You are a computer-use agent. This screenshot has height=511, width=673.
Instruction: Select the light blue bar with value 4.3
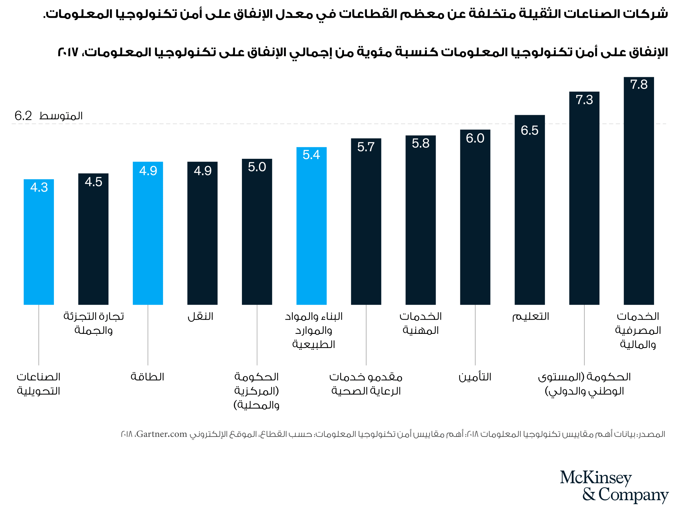(x=39, y=243)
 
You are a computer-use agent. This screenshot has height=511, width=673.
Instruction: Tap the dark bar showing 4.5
(x=93, y=240)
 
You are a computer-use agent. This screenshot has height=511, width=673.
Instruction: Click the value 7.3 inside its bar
(x=584, y=100)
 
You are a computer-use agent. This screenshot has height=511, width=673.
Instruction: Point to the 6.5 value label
(x=529, y=130)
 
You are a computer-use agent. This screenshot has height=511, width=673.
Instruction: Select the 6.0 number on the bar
(x=475, y=139)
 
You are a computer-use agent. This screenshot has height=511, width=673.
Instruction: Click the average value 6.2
(x=23, y=116)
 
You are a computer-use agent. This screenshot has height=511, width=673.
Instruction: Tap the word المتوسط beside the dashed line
(x=61, y=116)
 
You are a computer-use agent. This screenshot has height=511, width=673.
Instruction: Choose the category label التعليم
(x=531, y=317)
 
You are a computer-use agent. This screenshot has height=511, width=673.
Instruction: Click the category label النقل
(x=200, y=317)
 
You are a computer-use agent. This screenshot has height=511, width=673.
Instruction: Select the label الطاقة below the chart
(x=148, y=377)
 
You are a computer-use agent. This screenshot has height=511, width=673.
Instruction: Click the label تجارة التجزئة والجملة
(x=93, y=323)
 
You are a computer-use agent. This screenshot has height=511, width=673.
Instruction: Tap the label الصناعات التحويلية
(x=39, y=384)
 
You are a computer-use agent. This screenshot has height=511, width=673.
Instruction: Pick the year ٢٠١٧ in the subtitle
(x=68, y=52)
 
